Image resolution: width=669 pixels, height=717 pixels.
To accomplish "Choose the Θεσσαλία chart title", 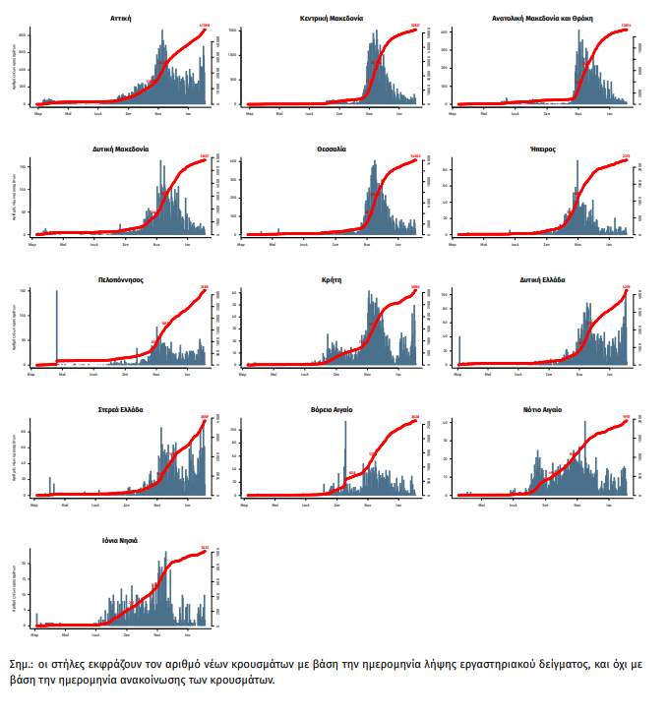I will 332,149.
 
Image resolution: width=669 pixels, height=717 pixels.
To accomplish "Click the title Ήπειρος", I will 543,149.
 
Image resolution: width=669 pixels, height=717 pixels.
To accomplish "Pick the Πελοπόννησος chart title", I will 120,279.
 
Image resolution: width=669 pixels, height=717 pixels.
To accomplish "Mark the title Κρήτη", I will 332,279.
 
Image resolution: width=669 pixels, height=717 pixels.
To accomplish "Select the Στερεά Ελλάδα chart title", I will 120,409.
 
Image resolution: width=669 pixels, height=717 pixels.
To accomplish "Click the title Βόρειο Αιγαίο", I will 332,409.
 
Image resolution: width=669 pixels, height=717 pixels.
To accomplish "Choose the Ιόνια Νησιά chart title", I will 120,540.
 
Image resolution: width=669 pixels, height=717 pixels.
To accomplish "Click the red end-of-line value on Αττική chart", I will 204,26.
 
